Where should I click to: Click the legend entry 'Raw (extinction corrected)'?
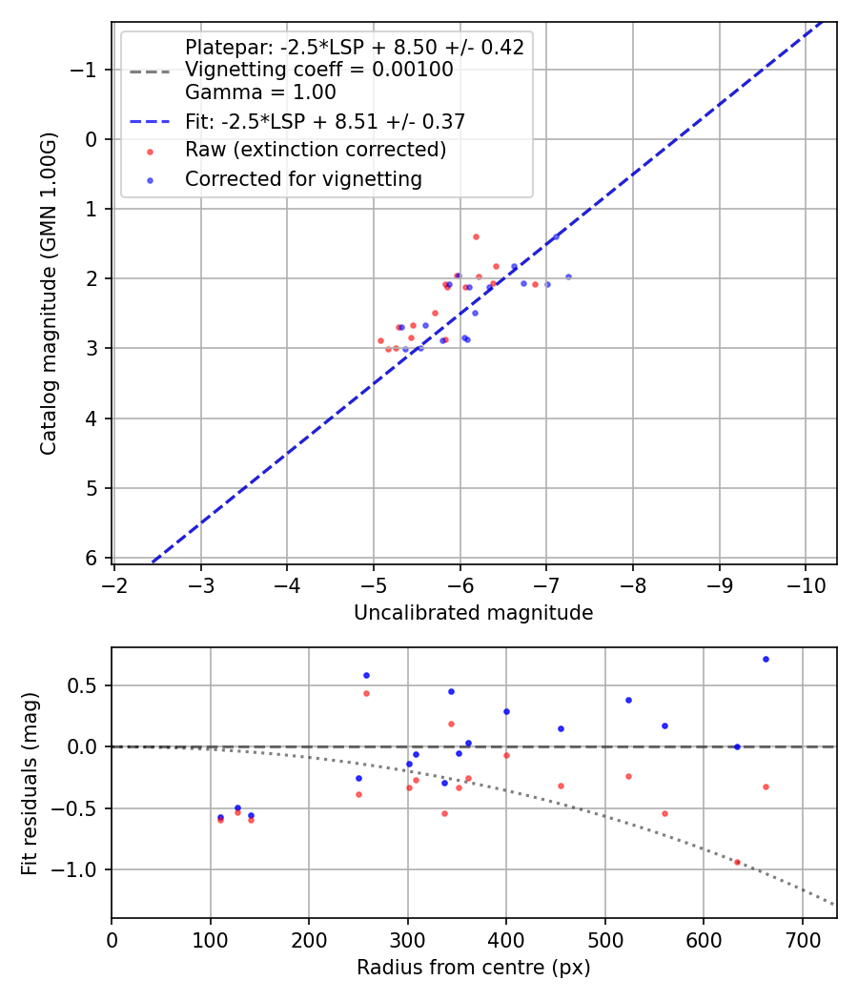coord(315,150)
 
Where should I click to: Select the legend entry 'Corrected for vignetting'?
coord(303,178)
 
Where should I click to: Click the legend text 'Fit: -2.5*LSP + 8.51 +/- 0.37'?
coord(324,121)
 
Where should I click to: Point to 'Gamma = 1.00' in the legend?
coord(260,92)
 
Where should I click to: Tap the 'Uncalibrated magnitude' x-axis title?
coord(473,613)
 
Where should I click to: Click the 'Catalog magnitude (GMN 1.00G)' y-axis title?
coord(49,294)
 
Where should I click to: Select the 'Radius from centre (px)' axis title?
coord(473,968)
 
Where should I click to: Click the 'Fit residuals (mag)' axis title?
coord(30,783)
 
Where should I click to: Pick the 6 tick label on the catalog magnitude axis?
coord(92,558)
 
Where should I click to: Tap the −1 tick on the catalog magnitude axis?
coord(87,70)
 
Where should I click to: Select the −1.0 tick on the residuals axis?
coord(81,869)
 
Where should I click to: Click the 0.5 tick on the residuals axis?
coord(87,685)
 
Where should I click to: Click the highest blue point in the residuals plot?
coord(766,659)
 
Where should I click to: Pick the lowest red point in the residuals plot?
coord(737,862)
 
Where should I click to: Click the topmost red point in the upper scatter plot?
coord(476,236)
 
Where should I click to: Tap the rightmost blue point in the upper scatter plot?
coord(568,276)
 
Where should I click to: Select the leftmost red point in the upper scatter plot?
coord(380,340)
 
